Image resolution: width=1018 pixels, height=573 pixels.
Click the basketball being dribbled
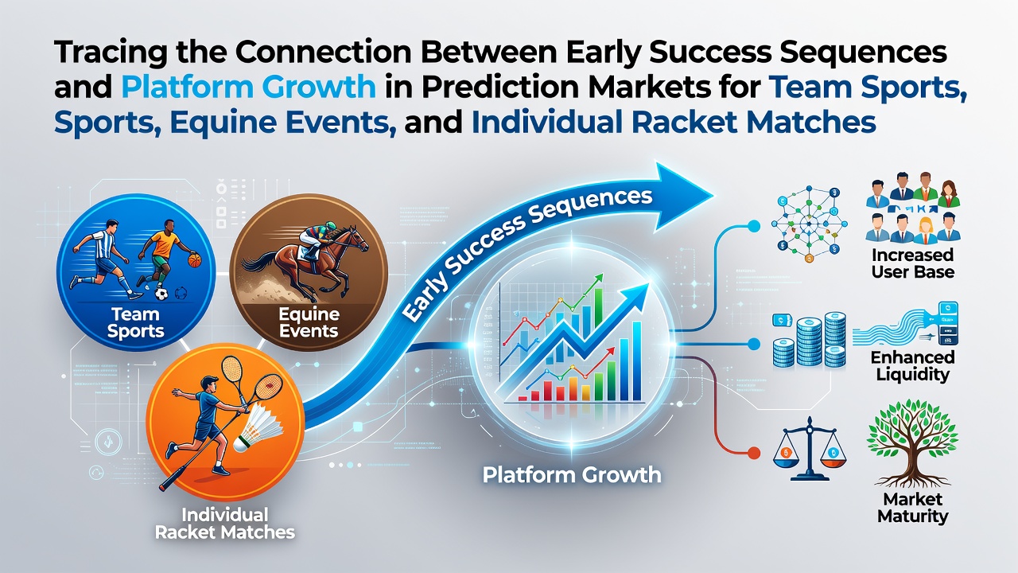tap(195, 260)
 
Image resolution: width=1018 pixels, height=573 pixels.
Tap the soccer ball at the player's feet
tap(161, 294)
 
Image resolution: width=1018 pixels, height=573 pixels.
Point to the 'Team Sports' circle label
tap(135, 322)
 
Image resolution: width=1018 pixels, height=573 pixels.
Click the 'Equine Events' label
tap(309, 322)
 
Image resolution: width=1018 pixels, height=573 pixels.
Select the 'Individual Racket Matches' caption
tap(225, 524)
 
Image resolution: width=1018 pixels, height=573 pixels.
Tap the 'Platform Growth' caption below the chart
tap(572, 475)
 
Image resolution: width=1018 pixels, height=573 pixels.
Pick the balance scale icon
tap(810, 450)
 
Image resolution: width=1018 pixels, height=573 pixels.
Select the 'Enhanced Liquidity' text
tap(912, 365)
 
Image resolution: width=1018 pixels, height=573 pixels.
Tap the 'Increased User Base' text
tap(912, 263)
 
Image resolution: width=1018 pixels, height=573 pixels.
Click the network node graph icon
tap(810, 224)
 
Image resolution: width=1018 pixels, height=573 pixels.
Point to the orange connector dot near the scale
tap(753, 453)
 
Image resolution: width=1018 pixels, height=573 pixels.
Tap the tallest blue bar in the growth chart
tap(637, 361)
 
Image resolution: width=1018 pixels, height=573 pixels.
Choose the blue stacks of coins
tap(809, 339)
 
